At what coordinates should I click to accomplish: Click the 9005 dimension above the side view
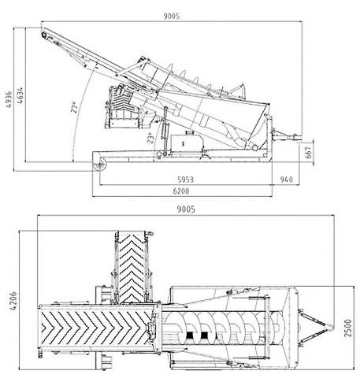point(172,17)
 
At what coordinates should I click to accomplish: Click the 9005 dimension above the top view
point(186,209)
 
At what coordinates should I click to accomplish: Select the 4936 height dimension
point(9,99)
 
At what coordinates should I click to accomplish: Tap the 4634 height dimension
point(19,95)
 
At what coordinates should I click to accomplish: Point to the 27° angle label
point(75,107)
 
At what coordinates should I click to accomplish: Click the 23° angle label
point(150,138)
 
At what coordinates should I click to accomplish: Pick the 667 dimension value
point(309,152)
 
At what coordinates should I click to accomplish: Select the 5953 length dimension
point(185,180)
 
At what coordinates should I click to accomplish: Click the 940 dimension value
point(286,180)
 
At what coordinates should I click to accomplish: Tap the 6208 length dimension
point(181,191)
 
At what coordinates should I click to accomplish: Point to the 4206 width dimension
point(13,301)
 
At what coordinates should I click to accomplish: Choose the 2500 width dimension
point(347,328)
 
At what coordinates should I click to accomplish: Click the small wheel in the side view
point(100,165)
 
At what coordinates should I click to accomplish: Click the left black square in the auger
point(190,335)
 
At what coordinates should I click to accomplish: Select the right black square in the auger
point(204,335)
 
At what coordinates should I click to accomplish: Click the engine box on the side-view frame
point(187,143)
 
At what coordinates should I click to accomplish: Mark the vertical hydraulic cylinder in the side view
point(165,131)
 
